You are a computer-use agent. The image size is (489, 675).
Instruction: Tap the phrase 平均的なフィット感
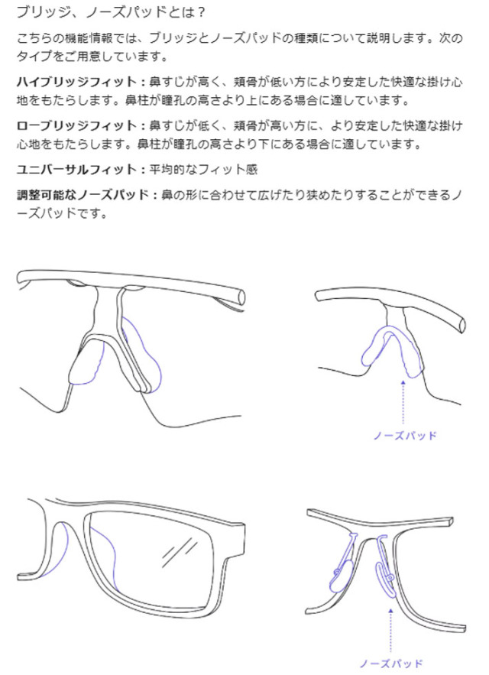click(202, 169)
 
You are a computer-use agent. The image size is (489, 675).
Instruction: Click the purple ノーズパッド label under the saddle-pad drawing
click(404, 436)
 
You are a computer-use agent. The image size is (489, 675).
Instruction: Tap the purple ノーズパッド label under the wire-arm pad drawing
click(390, 663)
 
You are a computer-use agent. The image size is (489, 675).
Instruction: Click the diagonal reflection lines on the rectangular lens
click(183, 548)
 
